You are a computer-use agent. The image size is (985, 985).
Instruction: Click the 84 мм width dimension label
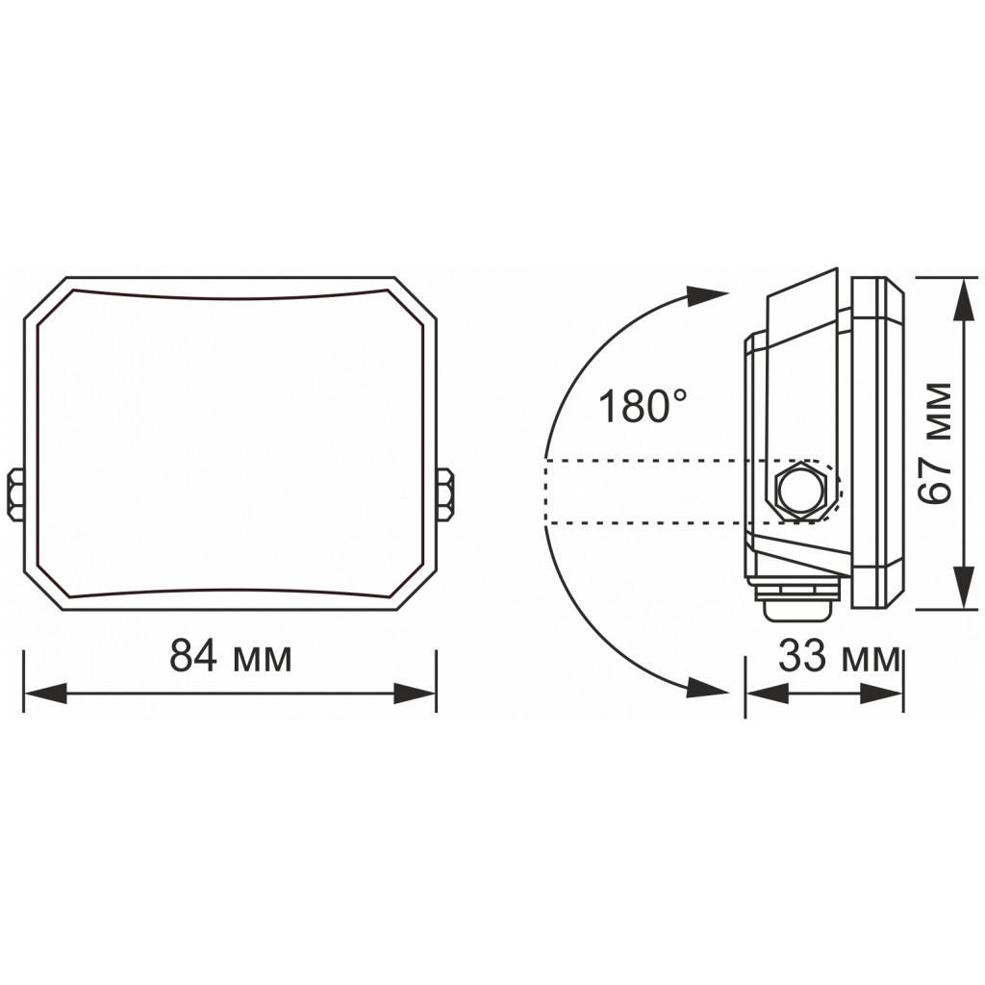click(x=230, y=657)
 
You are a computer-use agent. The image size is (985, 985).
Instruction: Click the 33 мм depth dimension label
click(x=838, y=658)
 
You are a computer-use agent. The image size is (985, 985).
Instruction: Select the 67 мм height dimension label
click(x=935, y=442)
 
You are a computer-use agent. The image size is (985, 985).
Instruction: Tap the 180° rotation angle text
click(x=643, y=407)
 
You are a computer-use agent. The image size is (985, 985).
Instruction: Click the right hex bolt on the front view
click(x=445, y=493)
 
